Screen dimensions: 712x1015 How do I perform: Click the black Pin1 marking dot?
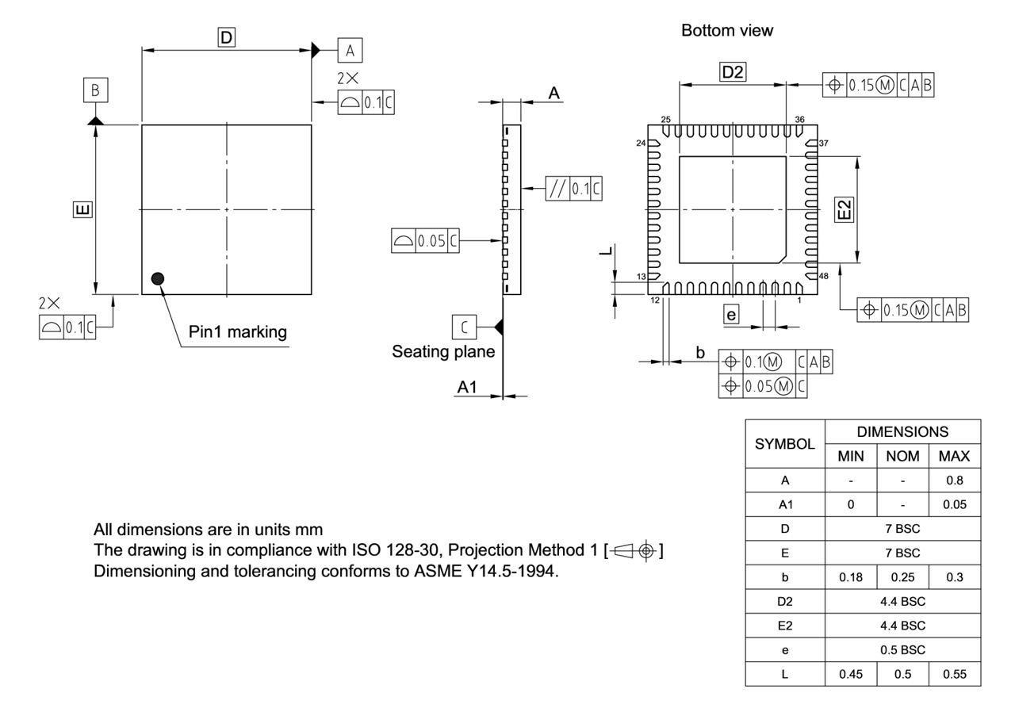(158, 278)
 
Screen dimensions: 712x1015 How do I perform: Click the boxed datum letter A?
(350, 51)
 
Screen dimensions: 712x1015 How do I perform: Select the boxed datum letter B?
(95, 90)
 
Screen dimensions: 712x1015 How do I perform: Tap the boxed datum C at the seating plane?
(464, 326)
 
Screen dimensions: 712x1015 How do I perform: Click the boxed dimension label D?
(227, 36)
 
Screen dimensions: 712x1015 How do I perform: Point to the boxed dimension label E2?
(845, 209)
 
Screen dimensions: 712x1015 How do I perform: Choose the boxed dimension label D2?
(733, 72)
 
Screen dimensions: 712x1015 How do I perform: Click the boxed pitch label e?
(731, 315)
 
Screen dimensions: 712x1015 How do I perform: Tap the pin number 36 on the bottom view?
(799, 120)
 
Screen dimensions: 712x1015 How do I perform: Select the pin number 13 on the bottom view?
(642, 276)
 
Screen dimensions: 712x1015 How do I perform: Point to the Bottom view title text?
(727, 31)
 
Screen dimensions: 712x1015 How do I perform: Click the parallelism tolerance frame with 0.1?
(573, 189)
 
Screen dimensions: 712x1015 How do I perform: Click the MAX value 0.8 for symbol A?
(954, 480)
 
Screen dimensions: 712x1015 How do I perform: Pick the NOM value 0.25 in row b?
(902, 577)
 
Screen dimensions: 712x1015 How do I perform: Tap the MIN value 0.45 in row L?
(851, 674)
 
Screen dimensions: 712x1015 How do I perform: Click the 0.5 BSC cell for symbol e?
(902, 649)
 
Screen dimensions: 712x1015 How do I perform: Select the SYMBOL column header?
(785, 444)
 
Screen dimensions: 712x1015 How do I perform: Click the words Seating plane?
(443, 351)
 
